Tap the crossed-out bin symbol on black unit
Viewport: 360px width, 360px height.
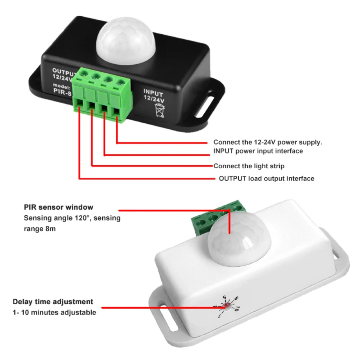[x=160, y=109]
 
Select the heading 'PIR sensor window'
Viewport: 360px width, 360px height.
[x=58, y=207]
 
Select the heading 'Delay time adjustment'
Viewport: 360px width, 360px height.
[x=53, y=301]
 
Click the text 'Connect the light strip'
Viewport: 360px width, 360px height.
[x=249, y=166]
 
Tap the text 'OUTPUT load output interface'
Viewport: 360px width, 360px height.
[x=266, y=179]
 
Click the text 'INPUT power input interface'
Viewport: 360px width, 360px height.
[x=258, y=151]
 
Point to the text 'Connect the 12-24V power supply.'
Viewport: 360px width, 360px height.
[x=268, y=142]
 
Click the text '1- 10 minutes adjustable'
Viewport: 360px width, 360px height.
[x=54, y=312]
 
